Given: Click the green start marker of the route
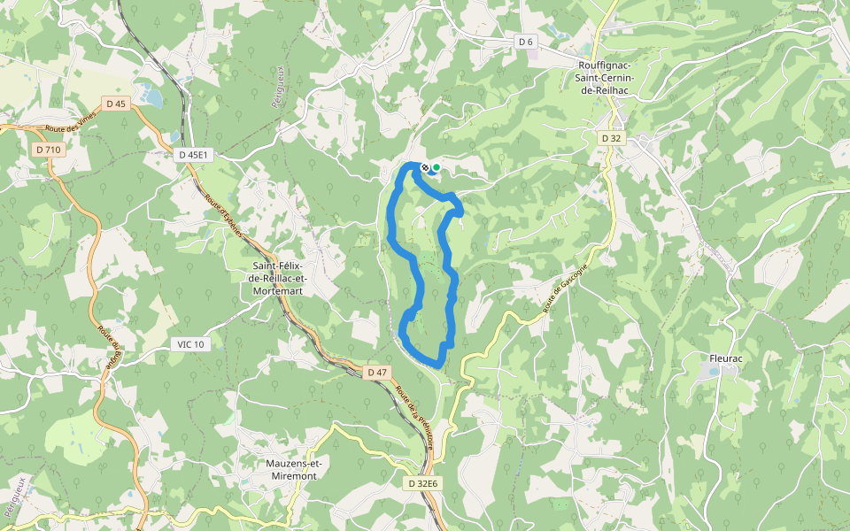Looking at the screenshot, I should tap(436, 167).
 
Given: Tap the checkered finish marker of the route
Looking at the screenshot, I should tap(426, 167).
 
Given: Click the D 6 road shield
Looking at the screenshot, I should tap(526, 42).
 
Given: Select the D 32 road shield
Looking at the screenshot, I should tap(611, 138).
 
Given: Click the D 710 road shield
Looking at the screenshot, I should tap(49, 150).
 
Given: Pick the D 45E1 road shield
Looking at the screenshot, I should tap(192, 154).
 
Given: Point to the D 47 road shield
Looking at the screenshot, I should tap(377, 372).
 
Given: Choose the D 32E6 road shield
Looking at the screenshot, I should tap(424, 484).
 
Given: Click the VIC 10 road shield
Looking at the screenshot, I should tap(190, 343).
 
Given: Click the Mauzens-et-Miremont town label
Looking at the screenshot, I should tap(291, 469).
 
